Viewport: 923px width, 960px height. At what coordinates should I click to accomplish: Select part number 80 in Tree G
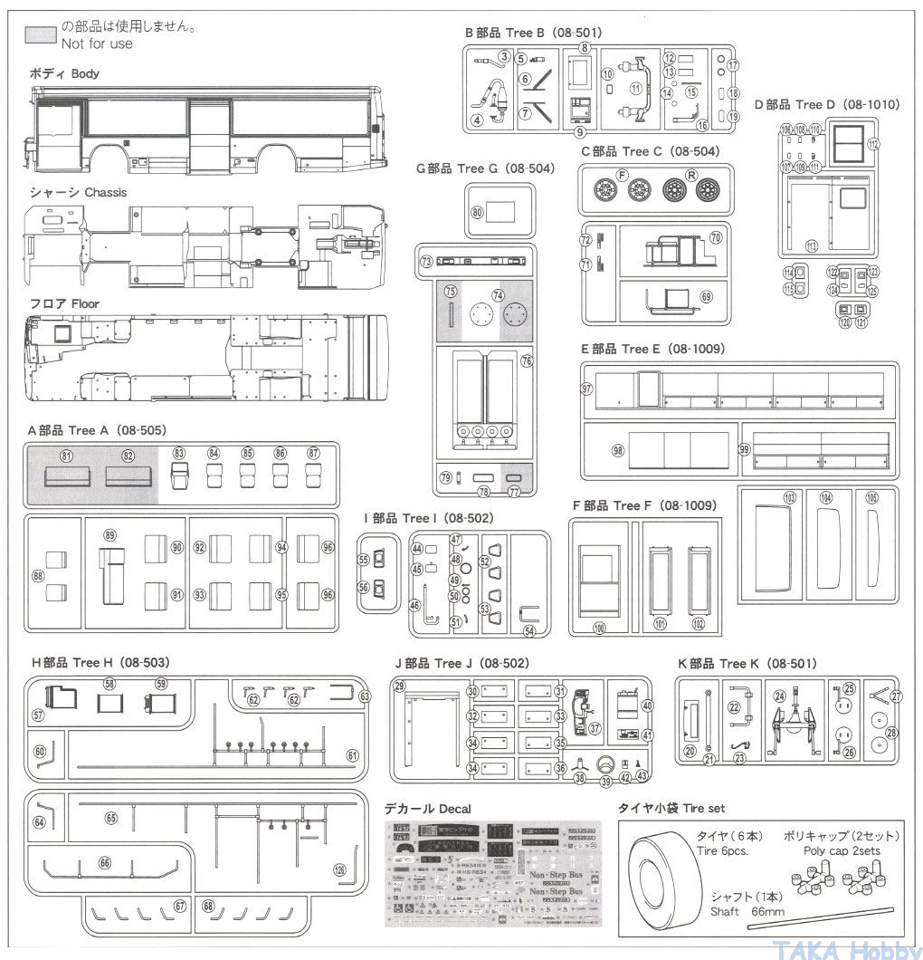(x=477, y=212)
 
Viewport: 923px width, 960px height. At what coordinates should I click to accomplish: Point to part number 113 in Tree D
(x=811, y=245)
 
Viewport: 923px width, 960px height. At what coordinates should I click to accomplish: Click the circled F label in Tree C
(x=622, y=174)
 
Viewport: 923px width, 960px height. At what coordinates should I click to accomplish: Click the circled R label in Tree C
(x=691, y=174)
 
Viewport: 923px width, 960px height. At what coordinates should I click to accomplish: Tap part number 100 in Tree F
(x=598, y=627)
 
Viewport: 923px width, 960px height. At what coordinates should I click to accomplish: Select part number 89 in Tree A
(x=110, y=535)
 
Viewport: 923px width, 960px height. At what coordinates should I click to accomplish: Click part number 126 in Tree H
(x=339, y=870)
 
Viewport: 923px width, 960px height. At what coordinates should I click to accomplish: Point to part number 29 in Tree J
(x=399, y=686)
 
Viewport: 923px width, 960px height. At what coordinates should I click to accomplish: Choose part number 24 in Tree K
(x=779, y=696)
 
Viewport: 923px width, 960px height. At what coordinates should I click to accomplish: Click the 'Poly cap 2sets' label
(x=841, y=850)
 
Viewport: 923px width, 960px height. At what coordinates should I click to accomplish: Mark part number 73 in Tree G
(x=426, y=261)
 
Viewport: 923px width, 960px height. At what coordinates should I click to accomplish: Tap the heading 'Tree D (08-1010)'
(x=827, y=105)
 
